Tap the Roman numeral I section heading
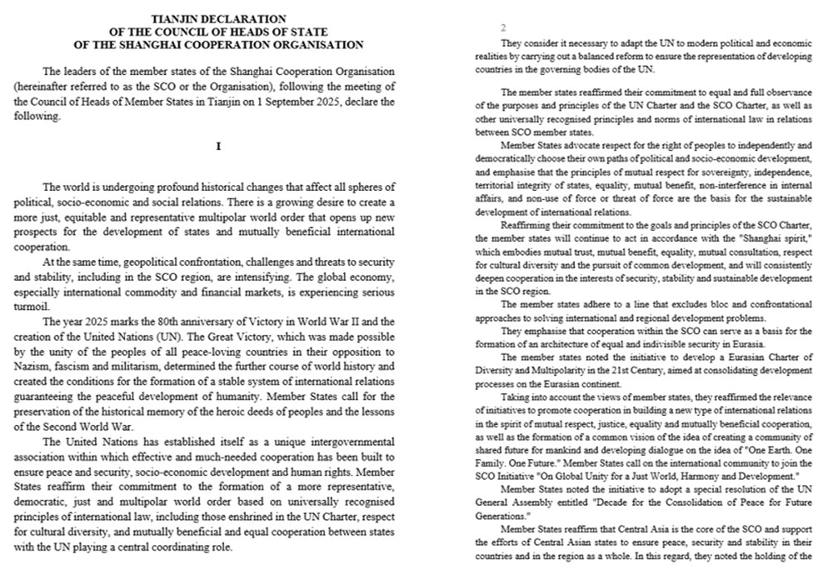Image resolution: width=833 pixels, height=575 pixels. click(217, 147)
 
